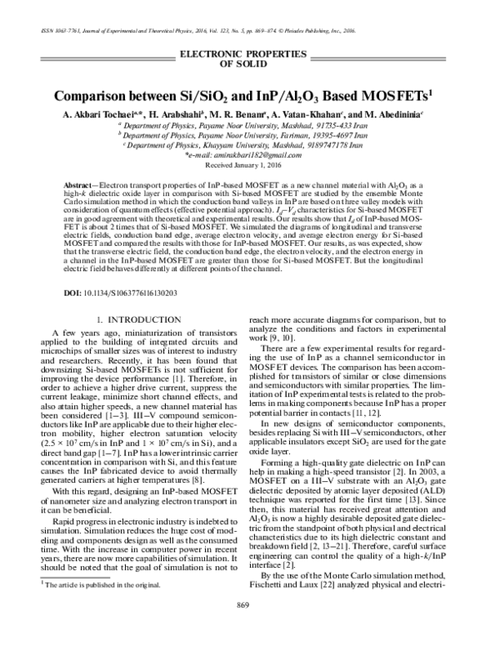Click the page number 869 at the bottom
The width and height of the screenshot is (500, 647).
tap(244, 627)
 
